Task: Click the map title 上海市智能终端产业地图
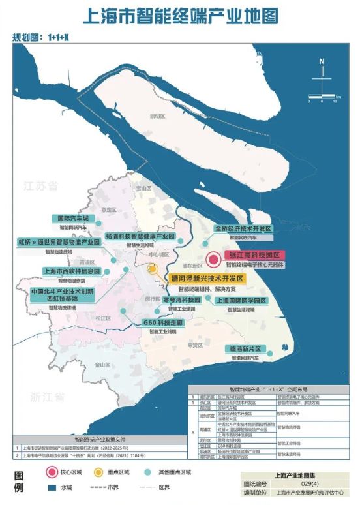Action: (x=179, y=16)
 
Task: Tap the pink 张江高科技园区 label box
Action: (x=254, y=255)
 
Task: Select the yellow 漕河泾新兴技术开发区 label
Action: (x=207, y=279)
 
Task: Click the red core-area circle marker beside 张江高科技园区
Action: (x=213, y=260)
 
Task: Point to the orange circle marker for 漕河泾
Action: (x=152, y=268)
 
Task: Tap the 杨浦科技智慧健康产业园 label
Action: (x=140, y=236)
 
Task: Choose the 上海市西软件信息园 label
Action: (x=71, y=271)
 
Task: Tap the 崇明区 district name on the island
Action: (x=157, y=117)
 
